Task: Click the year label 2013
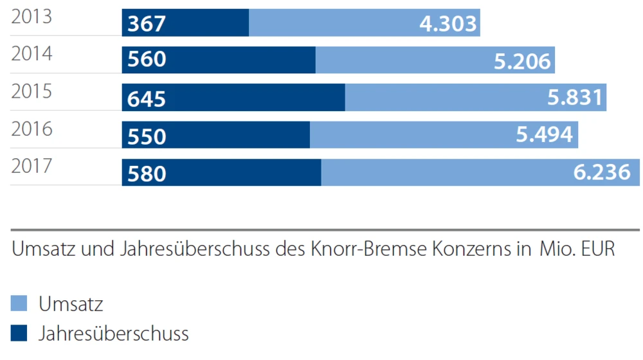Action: [32, 17]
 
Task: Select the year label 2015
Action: [32, 92]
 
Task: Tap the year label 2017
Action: [32, 167]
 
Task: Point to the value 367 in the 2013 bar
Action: [147, 23]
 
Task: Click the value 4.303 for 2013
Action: [448, 23]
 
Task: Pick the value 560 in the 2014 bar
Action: [147, 60]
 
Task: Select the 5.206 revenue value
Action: [522, 60]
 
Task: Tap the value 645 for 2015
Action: [147, 98]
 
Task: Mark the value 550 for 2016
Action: [147, 136]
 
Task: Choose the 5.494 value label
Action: [544, 135]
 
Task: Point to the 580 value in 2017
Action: [147, 174]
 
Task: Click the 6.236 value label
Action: [601, 173]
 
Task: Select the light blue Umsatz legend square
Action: [19, 303]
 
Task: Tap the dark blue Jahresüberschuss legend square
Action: [19, 333]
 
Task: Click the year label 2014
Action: [32, 54]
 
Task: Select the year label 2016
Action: [32, 129]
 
